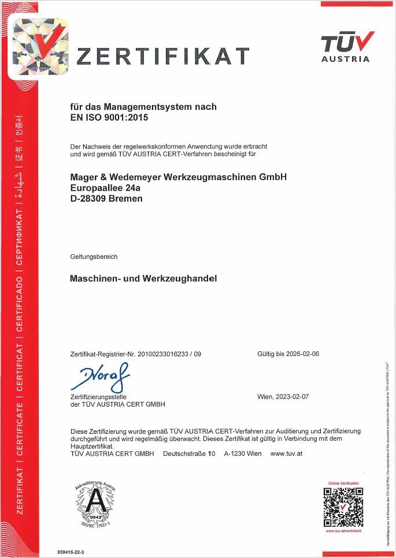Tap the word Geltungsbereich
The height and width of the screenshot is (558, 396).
click(93, 256)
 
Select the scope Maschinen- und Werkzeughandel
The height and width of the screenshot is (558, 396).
click(143, 278)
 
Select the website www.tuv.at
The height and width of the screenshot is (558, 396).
click(286, 453)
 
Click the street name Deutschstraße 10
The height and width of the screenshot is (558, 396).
click(189, 453)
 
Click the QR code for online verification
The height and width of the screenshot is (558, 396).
click(343, 507)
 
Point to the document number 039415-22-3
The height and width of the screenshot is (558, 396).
click(71, 552)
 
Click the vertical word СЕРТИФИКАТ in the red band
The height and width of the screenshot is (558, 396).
click(19, 240)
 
